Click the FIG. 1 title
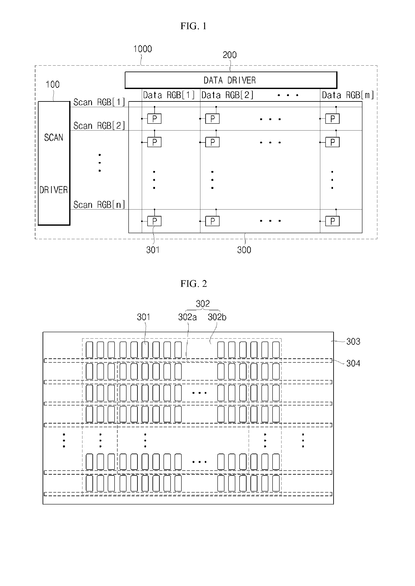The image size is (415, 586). point(193,26)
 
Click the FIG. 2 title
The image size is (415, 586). point(193,284)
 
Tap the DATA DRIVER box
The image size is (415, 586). point(231,80)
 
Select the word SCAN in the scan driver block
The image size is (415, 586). point(54,138)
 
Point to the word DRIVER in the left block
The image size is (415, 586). point(54,190)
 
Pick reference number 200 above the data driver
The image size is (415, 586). point(230,55)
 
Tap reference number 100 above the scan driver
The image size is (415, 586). point(52,85)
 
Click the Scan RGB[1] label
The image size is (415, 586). point(99,102)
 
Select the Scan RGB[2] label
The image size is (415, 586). point(99,126)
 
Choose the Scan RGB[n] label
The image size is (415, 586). point(99,205)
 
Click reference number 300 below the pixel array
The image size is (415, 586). point(244,250)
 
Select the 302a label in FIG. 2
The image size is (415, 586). point(187,317)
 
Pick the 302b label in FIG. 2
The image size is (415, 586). point(217,317)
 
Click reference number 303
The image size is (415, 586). point(353,341)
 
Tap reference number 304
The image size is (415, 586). point(353,363)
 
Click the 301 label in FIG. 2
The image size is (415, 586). point(143,317)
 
